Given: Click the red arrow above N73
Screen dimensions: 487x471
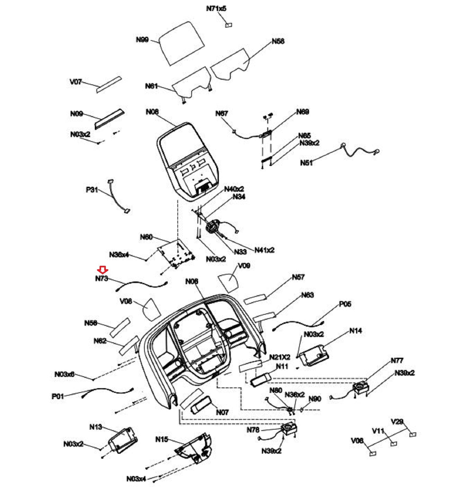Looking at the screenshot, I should tap(103, 269).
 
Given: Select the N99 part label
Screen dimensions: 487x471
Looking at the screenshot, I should tap(142, 40).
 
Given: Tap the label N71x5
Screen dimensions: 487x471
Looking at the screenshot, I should tap(216, 8).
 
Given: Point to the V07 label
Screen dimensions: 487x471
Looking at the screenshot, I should tap(76, 82).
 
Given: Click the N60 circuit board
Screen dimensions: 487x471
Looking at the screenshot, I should tap(176, 254).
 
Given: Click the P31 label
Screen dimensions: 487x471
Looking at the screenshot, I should tap(92, 190).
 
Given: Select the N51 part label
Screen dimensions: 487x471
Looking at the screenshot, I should tap(306, 163).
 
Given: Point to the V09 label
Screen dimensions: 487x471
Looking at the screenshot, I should tap(244, 266).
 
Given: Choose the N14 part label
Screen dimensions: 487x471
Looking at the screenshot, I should tap(355, 331).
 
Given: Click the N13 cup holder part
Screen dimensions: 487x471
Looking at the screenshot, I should tap(122, 441).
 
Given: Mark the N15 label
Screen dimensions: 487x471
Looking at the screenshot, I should tap(162, 439).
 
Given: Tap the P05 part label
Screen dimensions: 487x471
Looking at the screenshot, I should tap(345, 304).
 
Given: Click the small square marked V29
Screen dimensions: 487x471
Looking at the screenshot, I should tap(413, 434).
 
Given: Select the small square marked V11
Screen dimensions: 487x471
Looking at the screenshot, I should tap(393, 443).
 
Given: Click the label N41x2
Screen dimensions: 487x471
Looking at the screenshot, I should tap(264, 250).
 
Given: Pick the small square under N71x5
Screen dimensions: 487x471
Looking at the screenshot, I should tap(229, 25).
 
